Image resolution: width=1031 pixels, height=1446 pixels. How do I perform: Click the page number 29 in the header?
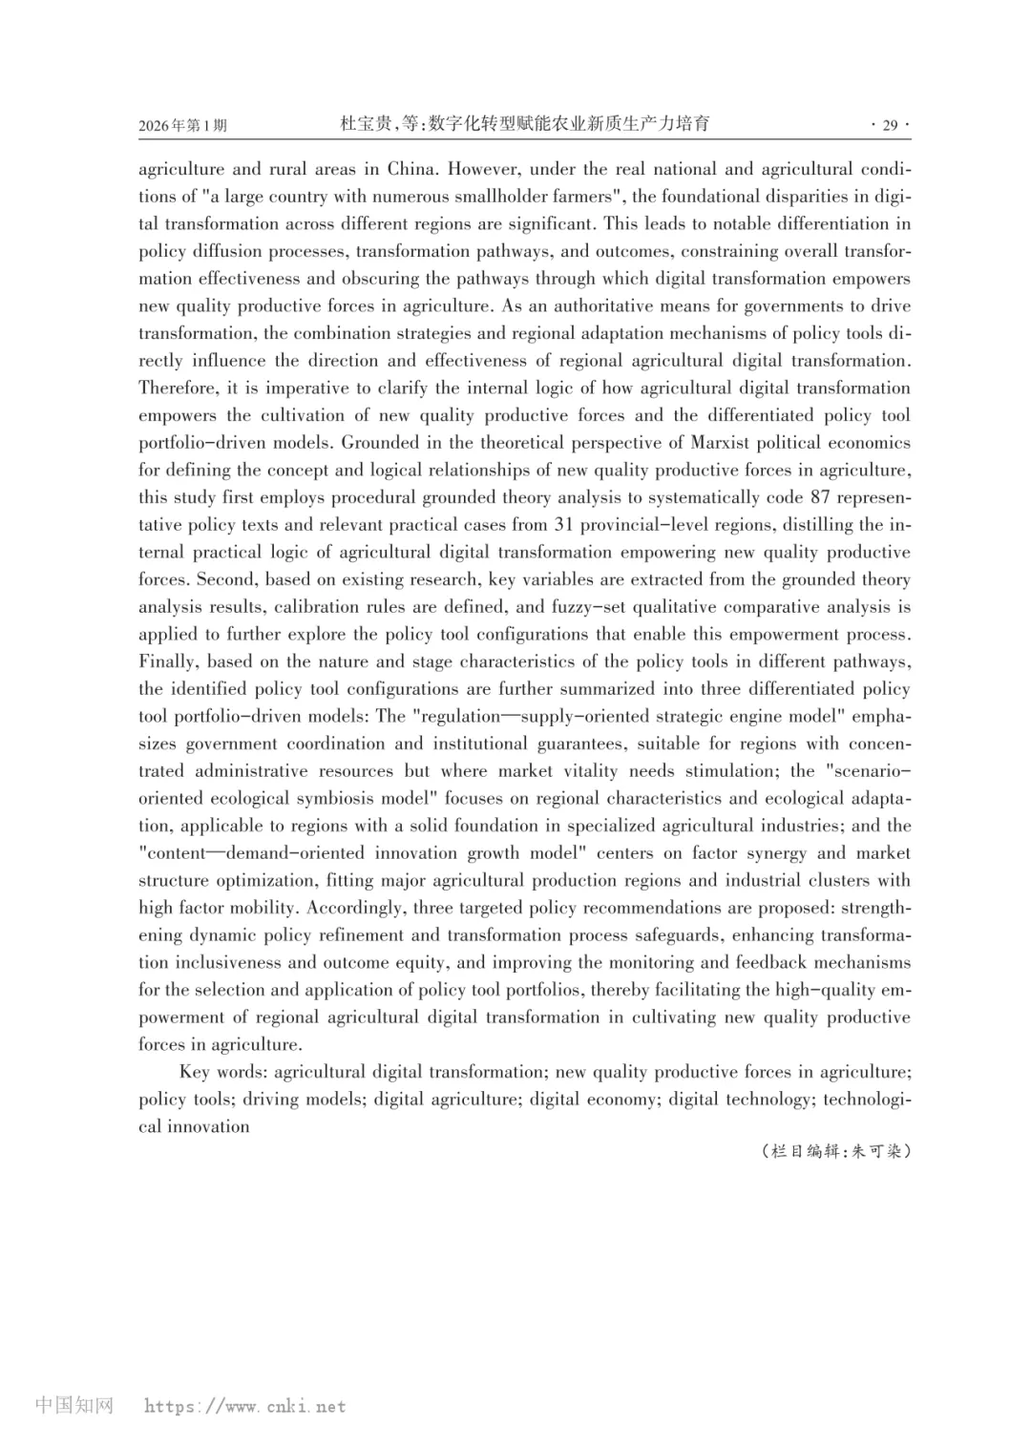(890, 125)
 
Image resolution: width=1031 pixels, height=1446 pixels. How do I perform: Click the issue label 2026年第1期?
(182, 126)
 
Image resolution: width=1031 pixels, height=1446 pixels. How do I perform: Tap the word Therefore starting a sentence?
(179, 388)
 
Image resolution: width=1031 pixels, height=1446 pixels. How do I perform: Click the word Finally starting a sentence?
(169, 661)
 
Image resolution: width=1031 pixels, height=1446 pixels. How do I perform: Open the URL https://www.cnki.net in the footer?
(244, 1406)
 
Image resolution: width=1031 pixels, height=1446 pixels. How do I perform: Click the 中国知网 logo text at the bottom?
(74, 1405)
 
